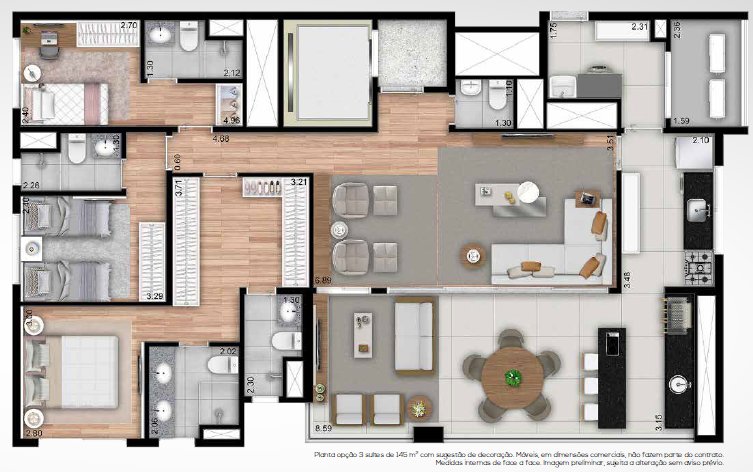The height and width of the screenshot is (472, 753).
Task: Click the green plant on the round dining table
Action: pos(513,378)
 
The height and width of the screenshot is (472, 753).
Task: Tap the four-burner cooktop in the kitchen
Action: pos(698,267)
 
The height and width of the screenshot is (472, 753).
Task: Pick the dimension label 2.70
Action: pos(128,24)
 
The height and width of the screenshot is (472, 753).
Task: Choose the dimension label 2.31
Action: pos(641,27)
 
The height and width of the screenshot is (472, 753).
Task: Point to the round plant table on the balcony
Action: pos(419,407)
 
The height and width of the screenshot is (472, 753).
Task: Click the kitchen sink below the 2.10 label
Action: pos(697,211)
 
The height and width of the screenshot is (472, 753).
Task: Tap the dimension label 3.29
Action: pos(154,296)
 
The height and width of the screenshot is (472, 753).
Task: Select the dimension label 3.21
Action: pos(297,183)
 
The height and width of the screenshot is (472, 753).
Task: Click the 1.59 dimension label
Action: pos(681,122)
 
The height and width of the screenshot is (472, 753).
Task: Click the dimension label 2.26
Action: pos(31,184)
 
